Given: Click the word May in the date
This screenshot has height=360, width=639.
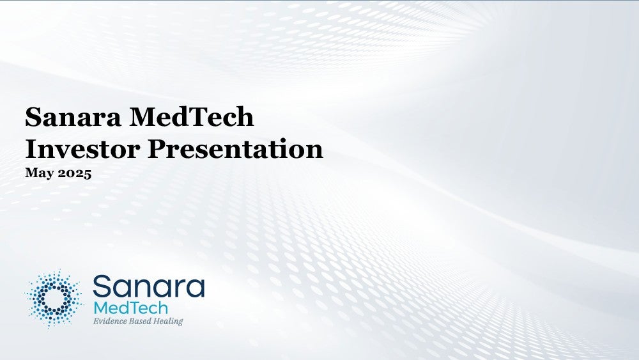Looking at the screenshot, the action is coord(40,173).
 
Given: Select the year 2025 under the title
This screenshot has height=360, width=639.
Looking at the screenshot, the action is coord(75,173).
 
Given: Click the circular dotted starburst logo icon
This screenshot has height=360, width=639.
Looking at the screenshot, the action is coord(54,299).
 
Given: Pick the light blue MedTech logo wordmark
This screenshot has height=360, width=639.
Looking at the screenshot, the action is coord(130,308).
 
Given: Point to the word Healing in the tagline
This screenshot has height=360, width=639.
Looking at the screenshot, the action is coord(168,321).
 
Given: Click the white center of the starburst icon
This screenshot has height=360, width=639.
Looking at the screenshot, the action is coord(54,299).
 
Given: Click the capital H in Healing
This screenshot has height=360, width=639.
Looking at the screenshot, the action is coord(157,321).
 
